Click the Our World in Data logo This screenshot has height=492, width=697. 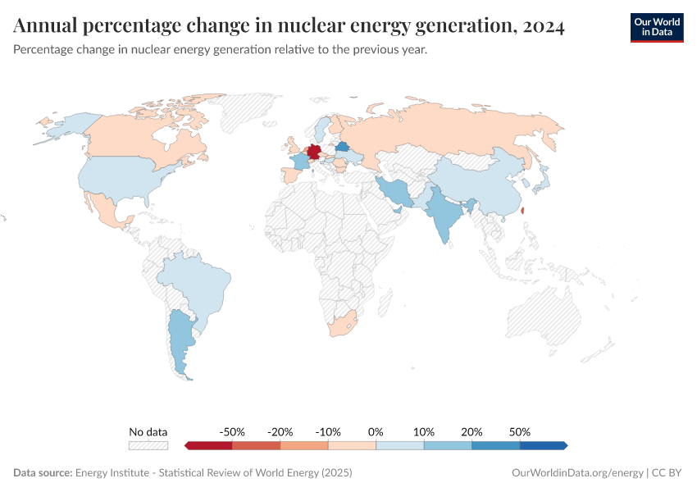coord(656,27)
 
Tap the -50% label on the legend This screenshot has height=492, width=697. coord(233,432)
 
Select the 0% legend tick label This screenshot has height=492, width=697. coord(376,432)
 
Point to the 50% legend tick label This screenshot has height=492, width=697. coord(520,432)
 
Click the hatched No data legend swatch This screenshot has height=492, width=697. coord(148,445)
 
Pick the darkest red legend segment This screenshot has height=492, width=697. coord(210,445)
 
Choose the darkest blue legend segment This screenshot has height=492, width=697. coord(542,445)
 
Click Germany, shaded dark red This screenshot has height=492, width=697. coord(313,153)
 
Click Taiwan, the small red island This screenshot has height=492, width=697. coord(522,210)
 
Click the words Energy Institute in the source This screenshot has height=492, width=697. coord(115,473)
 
